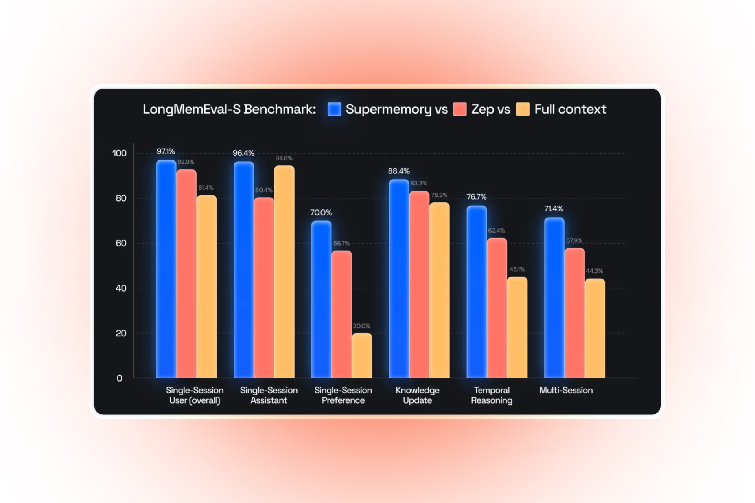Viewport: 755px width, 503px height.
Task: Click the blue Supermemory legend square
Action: (x=334, y=109)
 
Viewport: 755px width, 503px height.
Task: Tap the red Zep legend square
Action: (x=460, y=109)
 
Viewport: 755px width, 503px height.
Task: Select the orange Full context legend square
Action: (x=523, y=109)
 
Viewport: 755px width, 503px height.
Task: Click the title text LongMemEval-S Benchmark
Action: (x=229, y=109)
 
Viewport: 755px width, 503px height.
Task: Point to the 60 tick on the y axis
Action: (x=121, y=243)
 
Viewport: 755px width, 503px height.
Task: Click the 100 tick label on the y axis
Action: (x=120, y=153)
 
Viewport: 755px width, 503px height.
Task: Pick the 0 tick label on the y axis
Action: (x=120, y=378)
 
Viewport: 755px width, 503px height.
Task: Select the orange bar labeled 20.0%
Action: (x=361, y=356)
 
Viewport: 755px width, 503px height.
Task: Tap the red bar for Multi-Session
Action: (x=575, y=313)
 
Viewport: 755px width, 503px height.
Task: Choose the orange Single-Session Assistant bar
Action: (x=284, y=272)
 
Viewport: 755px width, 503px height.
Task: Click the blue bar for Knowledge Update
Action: (x=399, y=279)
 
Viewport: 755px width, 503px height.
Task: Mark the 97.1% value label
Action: (x=166, y=151)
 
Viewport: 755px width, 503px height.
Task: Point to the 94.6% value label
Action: (x=284, y=158)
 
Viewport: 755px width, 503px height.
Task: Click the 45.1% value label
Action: (x=517, y=269)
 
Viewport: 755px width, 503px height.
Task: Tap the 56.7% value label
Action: (x=341, y=243)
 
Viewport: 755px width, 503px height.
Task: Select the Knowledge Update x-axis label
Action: (x=417, y=395)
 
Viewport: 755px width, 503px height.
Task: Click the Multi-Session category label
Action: (x=565, y=390)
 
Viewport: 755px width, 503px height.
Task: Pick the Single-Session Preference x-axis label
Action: (x=343, y=395)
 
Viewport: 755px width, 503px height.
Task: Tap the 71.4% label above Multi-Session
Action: (x=553, y=208)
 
